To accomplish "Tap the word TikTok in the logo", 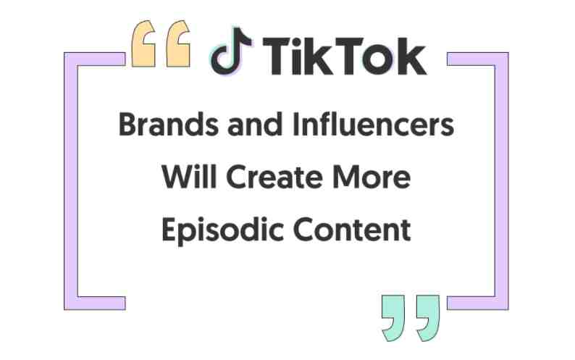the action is [344, 56].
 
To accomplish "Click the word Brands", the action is [168, 125].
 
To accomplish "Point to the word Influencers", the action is [373, 125].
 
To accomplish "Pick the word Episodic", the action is [222, 231].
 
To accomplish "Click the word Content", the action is [352, 230].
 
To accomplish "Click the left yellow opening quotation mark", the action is [143, 44].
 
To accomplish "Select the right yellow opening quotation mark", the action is [179, 44].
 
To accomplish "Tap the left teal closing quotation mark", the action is [393, 318].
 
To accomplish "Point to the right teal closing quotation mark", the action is [428, 318].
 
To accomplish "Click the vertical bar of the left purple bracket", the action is [71, 181].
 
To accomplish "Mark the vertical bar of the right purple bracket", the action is [502, 181].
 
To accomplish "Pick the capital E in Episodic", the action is [169, 230].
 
